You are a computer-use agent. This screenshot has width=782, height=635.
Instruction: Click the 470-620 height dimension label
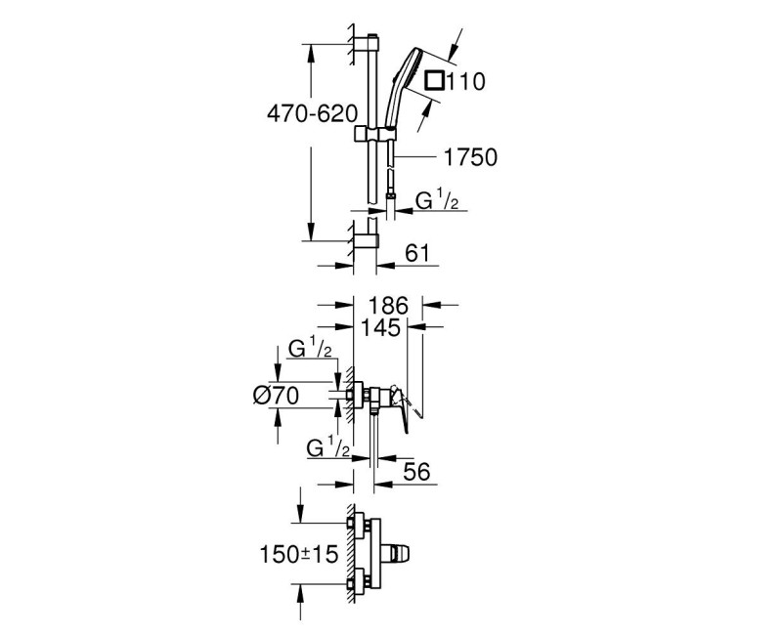pyautogui.click(x=313, y=114)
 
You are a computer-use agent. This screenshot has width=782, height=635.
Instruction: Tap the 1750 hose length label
pyautogui.click(x=470, y=157)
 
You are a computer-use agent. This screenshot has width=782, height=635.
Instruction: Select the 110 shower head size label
pyautogui.click(x=465, y=81)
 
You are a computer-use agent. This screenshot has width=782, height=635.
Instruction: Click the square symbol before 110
pyautogui.click(x=434, y=81)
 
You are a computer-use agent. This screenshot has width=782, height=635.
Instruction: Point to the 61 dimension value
pyautogui.click(x=417, y=253)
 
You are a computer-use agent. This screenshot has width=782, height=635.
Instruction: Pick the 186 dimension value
pyautogui.click(x=388, y=306)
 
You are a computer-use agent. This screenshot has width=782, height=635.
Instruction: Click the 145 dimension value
pyautogui.click(x=380, y=327)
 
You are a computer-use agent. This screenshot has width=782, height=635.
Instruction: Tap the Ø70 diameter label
pyautogui.click(x=277, y=396)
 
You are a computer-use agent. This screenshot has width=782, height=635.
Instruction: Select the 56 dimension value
pyautogui.click(x=416, y=472)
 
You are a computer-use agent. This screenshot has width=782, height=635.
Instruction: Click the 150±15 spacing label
pyautogui.click(x=299, y=554)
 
